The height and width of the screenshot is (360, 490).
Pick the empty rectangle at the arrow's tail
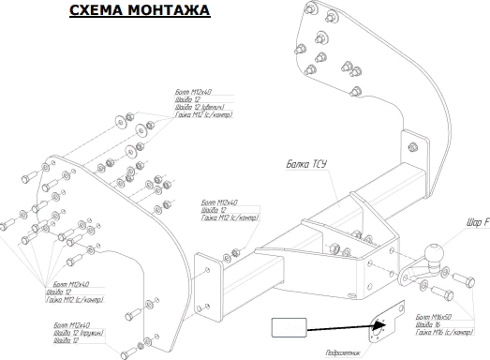[290, 327]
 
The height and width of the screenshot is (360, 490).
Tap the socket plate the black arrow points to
[384, 324]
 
